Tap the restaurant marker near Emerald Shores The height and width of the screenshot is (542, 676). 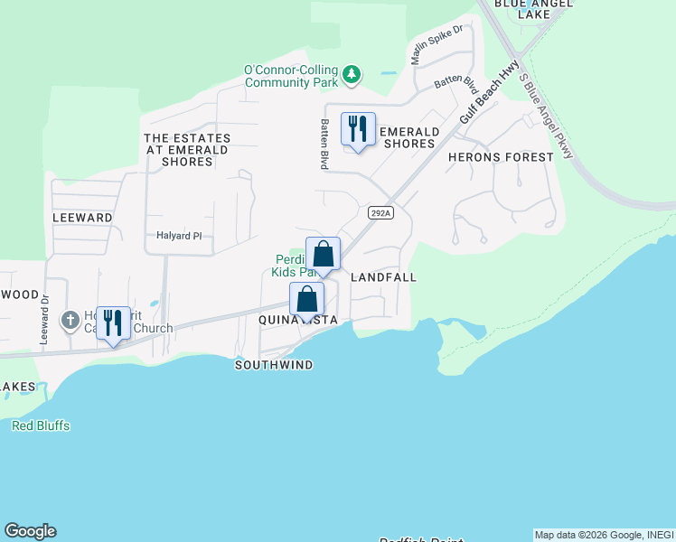pos(359,130)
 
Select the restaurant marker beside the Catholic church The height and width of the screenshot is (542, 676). pos(113,324)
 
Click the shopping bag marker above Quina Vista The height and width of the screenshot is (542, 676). pos(307,299)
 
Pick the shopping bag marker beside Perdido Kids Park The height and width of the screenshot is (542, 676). pos(323,256)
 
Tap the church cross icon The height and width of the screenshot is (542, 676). pos(70,321)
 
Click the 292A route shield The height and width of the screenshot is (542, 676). pos(381,213)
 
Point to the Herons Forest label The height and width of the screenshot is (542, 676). pos(501,157)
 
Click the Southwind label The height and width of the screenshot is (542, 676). pos(274,365)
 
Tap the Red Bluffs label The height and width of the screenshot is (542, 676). pos(41,425)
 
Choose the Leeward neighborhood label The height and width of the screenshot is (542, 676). pos(82,218)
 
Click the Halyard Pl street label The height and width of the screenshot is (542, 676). pos(177,236)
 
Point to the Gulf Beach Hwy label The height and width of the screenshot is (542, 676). pos(489,93)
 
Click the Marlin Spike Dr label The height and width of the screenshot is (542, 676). pos(437,44)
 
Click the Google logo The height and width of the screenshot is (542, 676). pos(30,531)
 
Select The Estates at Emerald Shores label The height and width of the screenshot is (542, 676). pos(187,150)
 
